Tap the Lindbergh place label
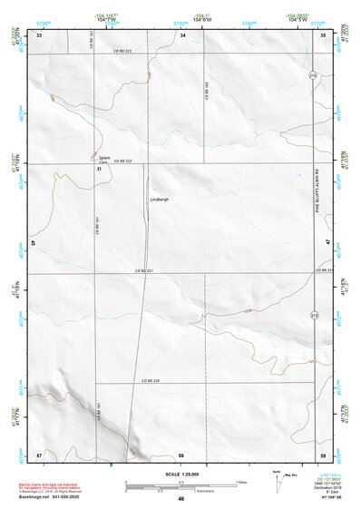pyautogui.click(x=159, y=199)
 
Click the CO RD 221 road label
pyautogui.click(x=144, y=270)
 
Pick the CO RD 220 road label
pyautogui.click(x=151, y=380)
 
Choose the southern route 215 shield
pyautogui.click(x=314, y=315)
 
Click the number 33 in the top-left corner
pyautogui.click(x=39, y=34)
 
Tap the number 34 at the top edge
pyautogui.click(x=182, y=34)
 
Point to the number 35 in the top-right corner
pyautogui.click(x=323, y=34)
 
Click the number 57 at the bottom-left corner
pyautogui.click(x=39, y=453)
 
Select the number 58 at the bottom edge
pyautogui.click(x=181, y=453)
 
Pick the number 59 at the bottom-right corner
pyautogui.click(x=323, y=453)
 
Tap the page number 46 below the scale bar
pyautogui.click(x=180, y=498)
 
